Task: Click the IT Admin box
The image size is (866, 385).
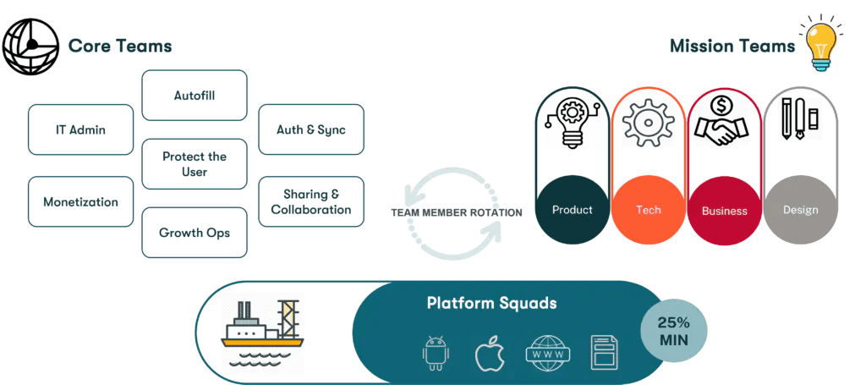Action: (80, 129)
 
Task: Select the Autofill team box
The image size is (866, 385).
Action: (195, 96)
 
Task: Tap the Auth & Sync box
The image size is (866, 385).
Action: (310, 129)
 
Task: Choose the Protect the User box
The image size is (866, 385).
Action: (195, 163)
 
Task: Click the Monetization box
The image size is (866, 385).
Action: (80, 201)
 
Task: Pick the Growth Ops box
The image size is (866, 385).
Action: (195, 232)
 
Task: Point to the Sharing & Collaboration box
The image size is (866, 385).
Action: (310, 201)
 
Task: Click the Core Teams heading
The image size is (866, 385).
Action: (119, 45)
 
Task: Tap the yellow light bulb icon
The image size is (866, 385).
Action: (819, 42)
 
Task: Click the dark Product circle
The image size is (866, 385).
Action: (572, 209)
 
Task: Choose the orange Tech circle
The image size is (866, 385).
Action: (648, 209)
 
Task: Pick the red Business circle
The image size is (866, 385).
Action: (725, 210)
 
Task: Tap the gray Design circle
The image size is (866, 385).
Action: (800, 209)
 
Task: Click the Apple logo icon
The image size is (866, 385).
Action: (489, 352)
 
